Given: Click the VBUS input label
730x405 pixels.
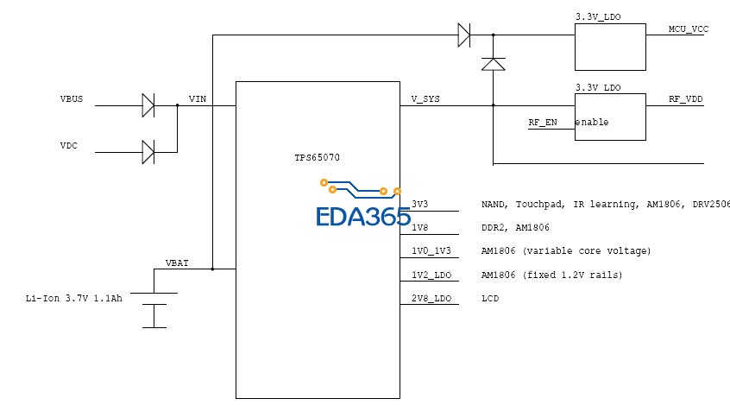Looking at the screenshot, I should (71, 98).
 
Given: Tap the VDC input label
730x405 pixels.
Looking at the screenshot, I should (68, 145).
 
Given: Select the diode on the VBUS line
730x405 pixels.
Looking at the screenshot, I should (148, 106).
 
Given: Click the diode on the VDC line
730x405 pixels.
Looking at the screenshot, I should (148, 153).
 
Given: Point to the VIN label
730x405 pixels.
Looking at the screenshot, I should (198, 98).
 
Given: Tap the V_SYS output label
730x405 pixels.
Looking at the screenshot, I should (425, 98).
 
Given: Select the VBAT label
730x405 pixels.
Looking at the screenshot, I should (178, 262).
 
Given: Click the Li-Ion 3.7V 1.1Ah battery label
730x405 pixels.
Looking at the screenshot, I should (73, 299).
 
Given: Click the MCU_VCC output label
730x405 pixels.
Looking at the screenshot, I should (688, 28).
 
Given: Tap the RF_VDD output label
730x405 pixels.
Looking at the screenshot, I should (685, 99).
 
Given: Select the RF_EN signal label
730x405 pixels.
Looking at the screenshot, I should (543, 123).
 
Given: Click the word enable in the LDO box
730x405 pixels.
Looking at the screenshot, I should (592, 123).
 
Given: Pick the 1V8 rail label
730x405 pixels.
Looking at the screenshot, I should (420, 228).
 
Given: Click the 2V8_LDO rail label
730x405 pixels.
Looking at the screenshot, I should (431, 299).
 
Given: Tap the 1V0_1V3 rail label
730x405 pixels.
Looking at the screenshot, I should (431, 251).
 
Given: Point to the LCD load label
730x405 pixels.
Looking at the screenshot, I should (489, 299).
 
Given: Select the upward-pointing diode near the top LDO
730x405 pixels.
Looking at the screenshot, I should (493, 64).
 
